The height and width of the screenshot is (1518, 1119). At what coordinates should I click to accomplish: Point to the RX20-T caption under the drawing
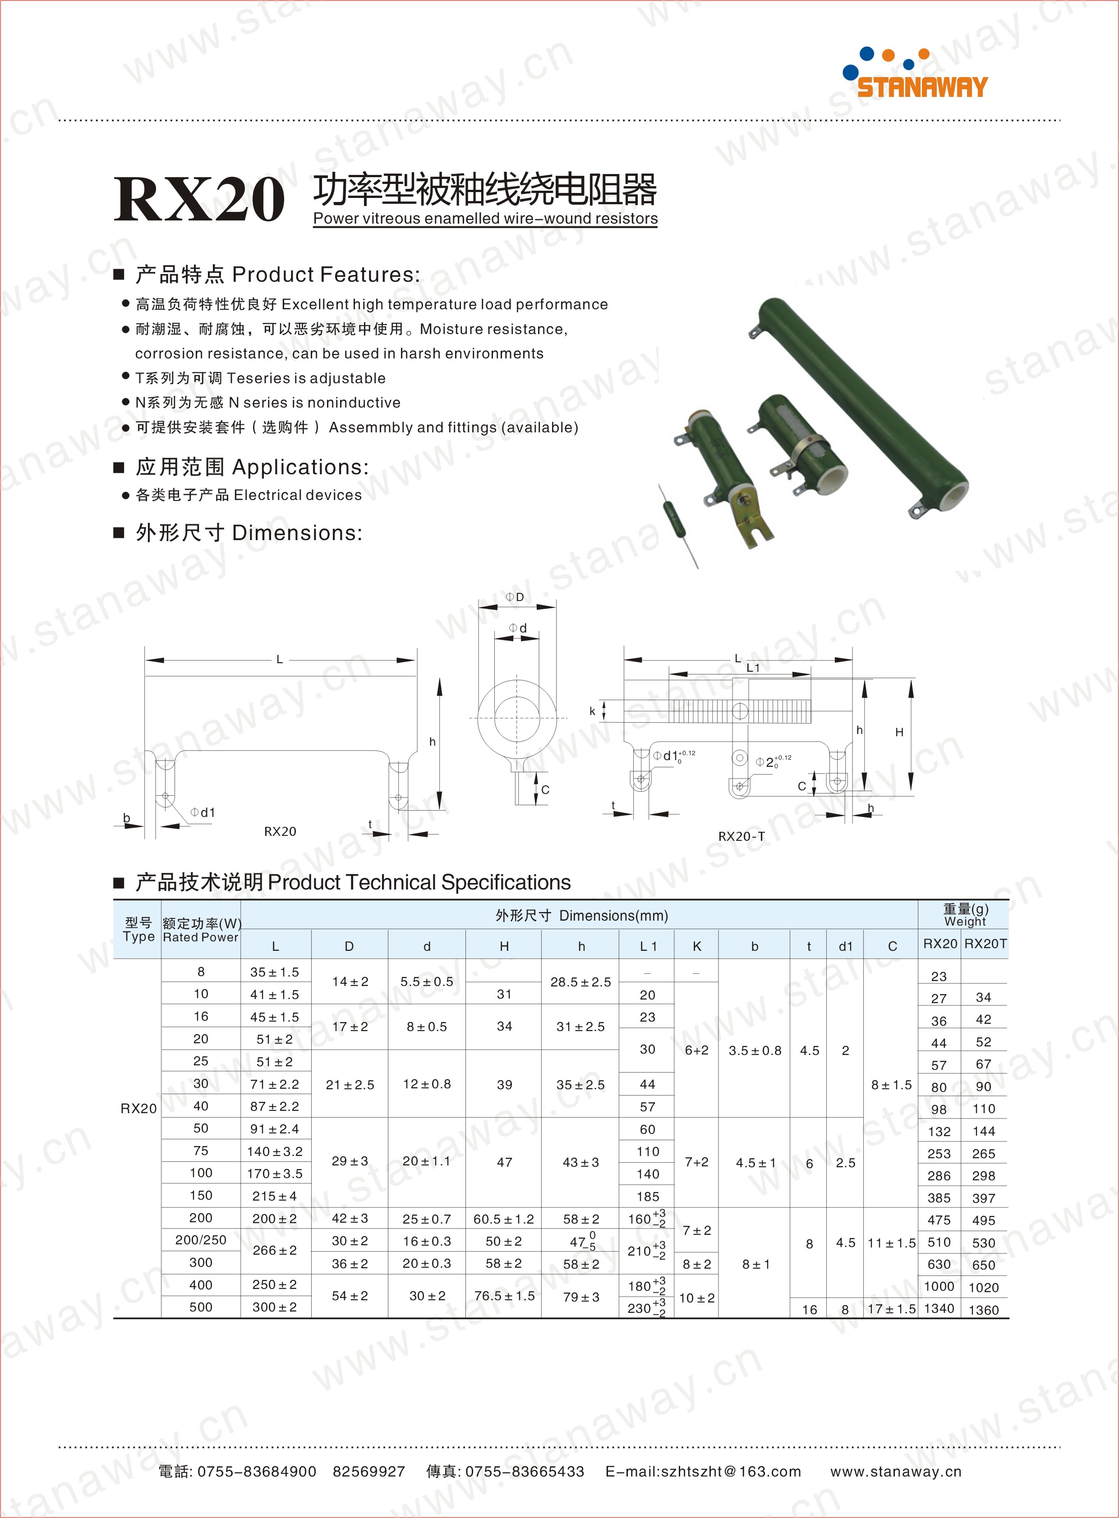[741, 836]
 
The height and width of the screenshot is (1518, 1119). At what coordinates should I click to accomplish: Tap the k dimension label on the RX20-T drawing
[592, 711]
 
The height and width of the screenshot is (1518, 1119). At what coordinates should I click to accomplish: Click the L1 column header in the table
[648, 946]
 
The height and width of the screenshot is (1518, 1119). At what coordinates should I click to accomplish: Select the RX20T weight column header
[985, 944]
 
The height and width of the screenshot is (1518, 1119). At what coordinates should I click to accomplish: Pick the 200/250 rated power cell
[201, 1240]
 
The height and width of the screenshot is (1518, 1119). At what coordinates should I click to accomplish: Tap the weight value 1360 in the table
[984, 1309]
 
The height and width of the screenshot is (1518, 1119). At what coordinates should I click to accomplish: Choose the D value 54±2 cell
[350, 1296]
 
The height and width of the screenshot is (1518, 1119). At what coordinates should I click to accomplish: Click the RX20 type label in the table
[138, 1108]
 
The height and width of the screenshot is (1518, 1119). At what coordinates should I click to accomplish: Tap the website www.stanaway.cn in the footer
[895, 1471]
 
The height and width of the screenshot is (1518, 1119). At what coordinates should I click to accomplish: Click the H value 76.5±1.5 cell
[504, 1296]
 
